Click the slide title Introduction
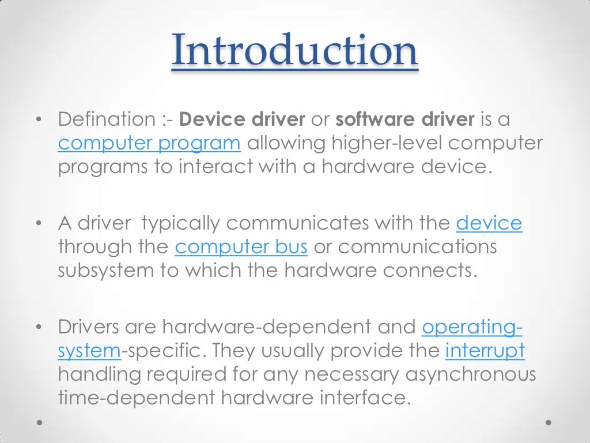[294, 51]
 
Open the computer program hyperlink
[149, 143]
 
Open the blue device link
[489, 223]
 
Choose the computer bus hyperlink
[241, 247]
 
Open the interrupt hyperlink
[485, 350]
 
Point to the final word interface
[370, 397]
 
